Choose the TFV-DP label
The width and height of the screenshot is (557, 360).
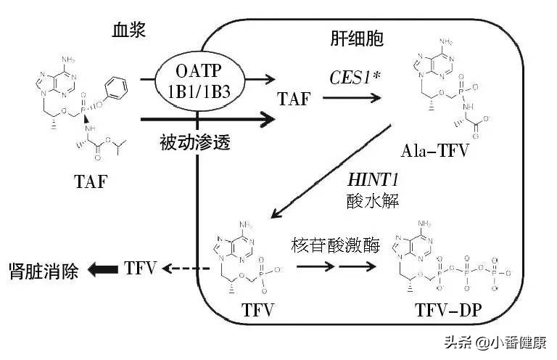(x=444, y=313)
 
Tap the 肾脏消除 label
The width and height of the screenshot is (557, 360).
(x=44, y=270)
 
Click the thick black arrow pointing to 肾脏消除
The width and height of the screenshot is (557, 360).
(x=102, y=270)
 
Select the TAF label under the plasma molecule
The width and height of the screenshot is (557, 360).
(x=91, y=181)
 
